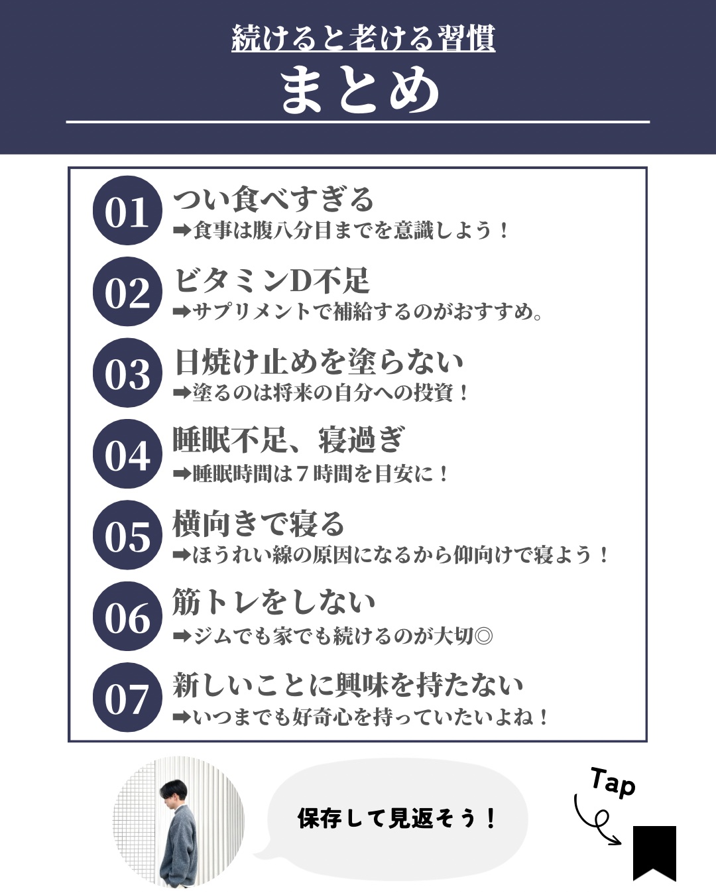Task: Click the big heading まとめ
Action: coord(359,90)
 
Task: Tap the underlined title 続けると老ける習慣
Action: coord(363,38)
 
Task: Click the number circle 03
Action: coord(127,373)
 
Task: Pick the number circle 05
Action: coord(127,536)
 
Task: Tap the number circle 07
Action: coord(127,698)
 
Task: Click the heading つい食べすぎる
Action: coord(274,200)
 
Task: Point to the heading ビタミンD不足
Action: coord(271,280)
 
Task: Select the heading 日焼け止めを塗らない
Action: coord(319,362)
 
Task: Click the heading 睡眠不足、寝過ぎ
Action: coord(288,440)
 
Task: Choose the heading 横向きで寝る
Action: coord(259,524)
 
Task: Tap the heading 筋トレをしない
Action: coord(274,602)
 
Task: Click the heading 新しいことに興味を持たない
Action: coord(348,685)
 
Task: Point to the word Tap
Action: coord(613,782)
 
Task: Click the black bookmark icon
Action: coord(654,852)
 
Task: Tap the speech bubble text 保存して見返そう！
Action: coord(396,819)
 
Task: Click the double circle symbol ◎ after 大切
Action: coord(483,636)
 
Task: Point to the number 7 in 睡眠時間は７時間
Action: coord(302,474)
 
